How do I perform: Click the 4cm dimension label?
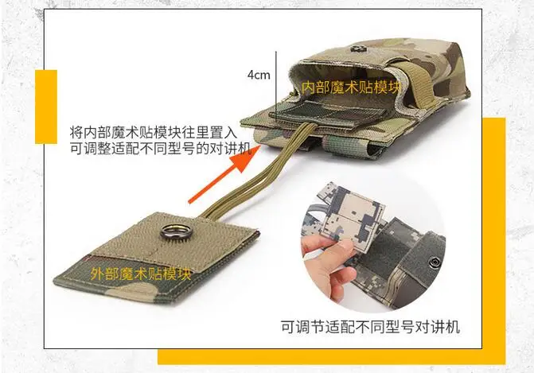(x=259, y=75)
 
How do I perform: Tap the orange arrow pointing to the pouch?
(x=224, y=173)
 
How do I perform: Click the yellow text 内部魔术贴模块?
(x=351, y=87)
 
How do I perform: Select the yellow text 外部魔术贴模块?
(x=141, y=274)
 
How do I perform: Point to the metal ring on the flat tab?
(x=173, y=231)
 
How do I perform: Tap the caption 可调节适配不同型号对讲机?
(x=370, y=327)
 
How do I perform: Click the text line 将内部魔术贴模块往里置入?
(x=153, y=131)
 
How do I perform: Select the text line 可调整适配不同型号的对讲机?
(x=161, y=148)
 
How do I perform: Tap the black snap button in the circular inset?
(x=435, y=262)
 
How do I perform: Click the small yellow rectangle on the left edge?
(x=46, y=107)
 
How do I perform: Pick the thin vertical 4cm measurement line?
(x=276, y=86)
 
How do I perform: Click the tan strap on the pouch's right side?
(x=420, y=79)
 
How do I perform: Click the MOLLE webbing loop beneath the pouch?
(x=351, y=146)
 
